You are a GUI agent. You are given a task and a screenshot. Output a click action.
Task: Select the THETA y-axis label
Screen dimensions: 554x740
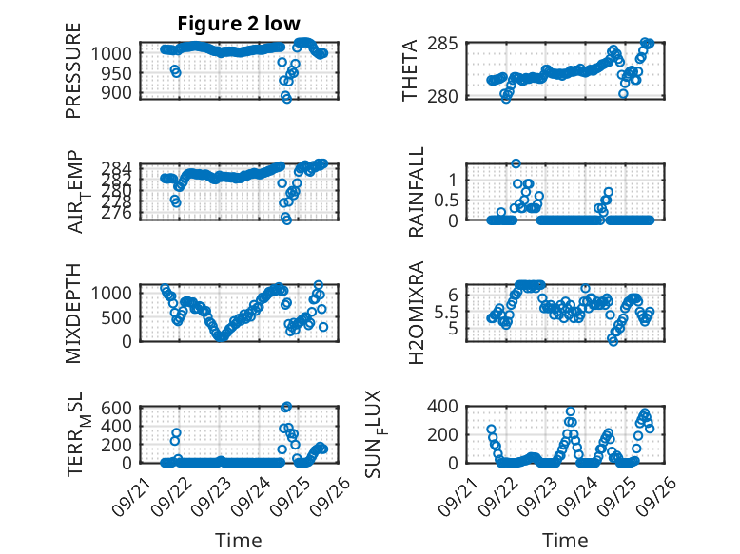(410, 70)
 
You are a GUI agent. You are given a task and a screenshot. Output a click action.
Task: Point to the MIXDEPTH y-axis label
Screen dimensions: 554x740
(73, 313)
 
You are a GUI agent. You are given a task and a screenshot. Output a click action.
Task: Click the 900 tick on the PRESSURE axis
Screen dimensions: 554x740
(119, 93)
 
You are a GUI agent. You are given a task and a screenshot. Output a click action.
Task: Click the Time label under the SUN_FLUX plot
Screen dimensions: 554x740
(565, 541)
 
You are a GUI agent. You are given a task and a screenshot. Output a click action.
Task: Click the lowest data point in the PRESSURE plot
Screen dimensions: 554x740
(286, 98)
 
